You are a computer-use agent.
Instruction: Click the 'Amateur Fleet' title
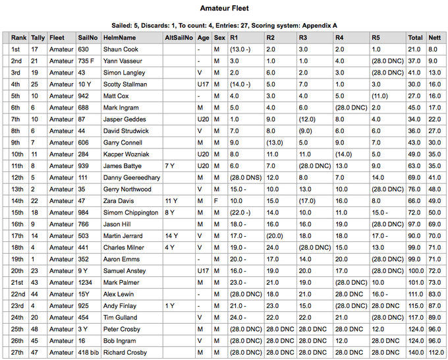(224, 9)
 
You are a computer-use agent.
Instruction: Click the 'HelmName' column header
(119, 38)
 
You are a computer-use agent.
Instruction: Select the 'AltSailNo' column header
(179, 38)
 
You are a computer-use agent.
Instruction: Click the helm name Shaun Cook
(121, 49)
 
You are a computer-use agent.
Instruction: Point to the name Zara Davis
(119, 200)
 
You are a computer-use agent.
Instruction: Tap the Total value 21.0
(415, 49)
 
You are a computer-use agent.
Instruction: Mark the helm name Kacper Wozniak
(125, 154)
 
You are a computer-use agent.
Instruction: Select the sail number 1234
(86, 282)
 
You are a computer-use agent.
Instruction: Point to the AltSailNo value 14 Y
(171, 235)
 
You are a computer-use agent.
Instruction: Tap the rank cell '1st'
(16, 49)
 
